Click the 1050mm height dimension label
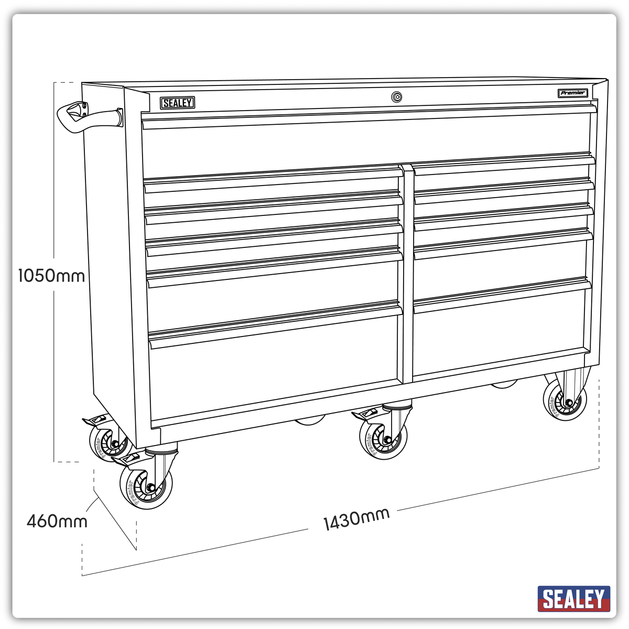point(51,275)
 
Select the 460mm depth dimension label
point(57,521)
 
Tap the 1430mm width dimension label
point(356,519)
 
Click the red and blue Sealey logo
point(573,598)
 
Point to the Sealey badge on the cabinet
point(177,103)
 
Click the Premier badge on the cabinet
point(572,93)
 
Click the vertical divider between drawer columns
point(407,273)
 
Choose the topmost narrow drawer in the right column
point(503,170)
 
